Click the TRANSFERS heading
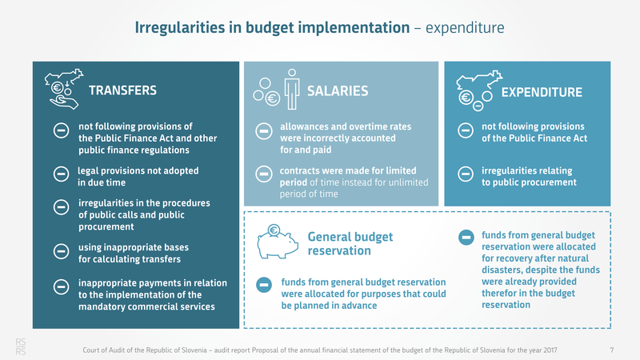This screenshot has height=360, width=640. tap(122, 90)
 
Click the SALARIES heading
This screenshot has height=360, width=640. tap(338, 91)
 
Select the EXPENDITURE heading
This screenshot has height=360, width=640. tap(542, 93)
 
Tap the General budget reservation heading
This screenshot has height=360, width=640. tap(339, 244)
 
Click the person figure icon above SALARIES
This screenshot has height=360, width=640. tap(292, 84)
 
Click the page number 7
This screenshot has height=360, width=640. tap(611, 350)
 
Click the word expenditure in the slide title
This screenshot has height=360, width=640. tap(464, 29)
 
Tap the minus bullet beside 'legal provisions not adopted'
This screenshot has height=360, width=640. tap(60, 175)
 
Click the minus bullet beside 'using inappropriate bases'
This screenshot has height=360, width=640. tap(60, 252)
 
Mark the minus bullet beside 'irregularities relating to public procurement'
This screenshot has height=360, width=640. tap(465, 174)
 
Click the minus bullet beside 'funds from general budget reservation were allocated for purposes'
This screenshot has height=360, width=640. tap(263, 284)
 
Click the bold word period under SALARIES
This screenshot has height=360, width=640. tap(295, 182)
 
